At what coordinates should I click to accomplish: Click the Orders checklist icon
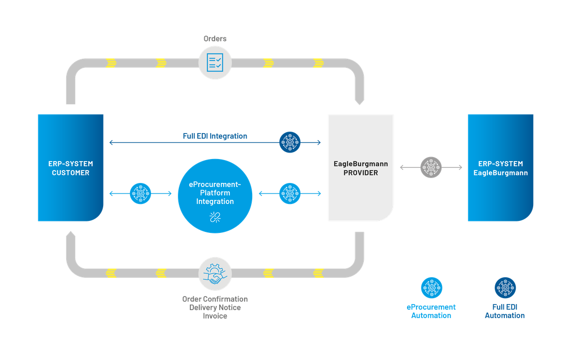(215, 63)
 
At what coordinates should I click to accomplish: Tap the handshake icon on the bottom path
(215, 274)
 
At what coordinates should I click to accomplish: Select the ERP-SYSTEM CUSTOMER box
(70, 168)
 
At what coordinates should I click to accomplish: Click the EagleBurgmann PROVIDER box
(361, 168)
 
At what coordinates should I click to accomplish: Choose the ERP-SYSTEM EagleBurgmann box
(500, 168)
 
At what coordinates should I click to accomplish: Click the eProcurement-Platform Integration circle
(215, 196)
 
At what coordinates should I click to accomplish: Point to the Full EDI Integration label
(215, 136)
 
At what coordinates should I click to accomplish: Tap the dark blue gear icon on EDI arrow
(290, 143)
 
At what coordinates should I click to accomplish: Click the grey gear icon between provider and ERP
(431, 168)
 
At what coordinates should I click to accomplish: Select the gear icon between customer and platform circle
(140, 193)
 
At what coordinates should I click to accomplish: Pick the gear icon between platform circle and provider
(290, 193)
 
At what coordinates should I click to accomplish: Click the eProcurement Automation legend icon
(432, 288)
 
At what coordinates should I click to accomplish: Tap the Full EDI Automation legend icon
(505, 288)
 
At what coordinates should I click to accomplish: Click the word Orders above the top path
(215, 38)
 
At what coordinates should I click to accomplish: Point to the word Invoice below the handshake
(215, 316)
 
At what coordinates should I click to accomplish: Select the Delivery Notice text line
(215, 308)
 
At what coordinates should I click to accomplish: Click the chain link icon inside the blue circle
(215, 217)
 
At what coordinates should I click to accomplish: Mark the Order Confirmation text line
(215, 299)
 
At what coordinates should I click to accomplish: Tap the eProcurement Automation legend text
(432, 311)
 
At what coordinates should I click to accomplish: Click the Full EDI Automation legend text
(505, 311)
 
